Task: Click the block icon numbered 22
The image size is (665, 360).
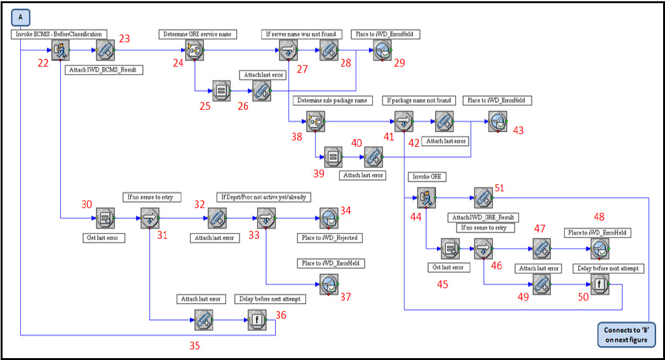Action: coord(60,49)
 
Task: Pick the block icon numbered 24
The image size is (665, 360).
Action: coord(194,49)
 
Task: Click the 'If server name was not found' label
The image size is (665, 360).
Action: coord(302,34)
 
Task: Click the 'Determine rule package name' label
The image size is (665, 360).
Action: coord(332,100)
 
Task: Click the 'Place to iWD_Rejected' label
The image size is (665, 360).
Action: coord(328,238)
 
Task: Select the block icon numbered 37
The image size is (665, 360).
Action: coord(328,283)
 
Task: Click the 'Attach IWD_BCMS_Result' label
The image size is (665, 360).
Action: coord(104,70)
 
